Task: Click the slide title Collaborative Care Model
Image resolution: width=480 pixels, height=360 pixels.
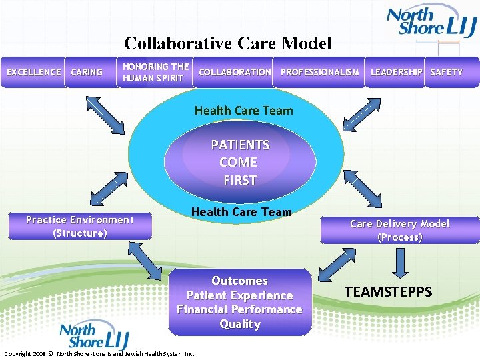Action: pyautogui.click(x=227, y=44)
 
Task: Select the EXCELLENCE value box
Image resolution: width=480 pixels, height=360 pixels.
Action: pyautogui.click(x=33, y=72)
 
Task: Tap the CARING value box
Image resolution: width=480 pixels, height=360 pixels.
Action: pyautogui.click(x=87, y=72)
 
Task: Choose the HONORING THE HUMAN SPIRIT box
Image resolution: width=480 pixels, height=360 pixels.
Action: pyautogui.click(x=156, y=72)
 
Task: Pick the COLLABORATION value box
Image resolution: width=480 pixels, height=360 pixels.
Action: pyautogui.click(x=235, y=72)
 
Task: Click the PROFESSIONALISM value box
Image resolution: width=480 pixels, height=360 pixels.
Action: pyautogui.click(x=320, y=72)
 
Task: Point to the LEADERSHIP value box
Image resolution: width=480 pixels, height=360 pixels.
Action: pyautogui.click(x=396, y=72)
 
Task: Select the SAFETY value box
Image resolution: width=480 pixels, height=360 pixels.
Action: pyautogui.click(x=446, y=72)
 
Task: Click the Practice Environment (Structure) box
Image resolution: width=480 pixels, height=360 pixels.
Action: pyautogui.click(x=80, y=227)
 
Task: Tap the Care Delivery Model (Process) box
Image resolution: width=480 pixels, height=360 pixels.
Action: pyautogui.click(x=399, y=231)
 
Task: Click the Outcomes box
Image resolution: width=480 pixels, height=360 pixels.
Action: pyautogui.click(x=239, y=302)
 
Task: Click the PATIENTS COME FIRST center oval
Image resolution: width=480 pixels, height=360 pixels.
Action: pyautogui.click(x=239, y=162)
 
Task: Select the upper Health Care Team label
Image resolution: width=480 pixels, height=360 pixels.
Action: pyautogui.click(x=243, y=111)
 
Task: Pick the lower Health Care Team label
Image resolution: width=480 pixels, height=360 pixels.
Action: pyautogui.click(x=241, y=212)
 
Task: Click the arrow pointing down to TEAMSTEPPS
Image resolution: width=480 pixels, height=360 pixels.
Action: pyautogui.click(x=399, y=263)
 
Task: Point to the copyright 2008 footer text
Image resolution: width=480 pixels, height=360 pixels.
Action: pyautogui.click(x=99, y=353)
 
